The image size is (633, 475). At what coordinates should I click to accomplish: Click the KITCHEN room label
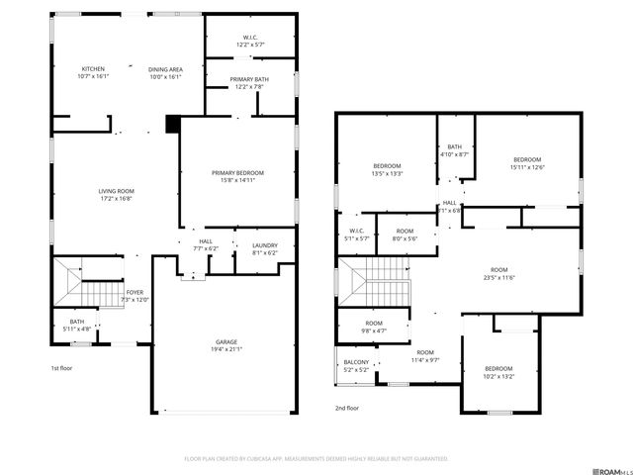(93, 69)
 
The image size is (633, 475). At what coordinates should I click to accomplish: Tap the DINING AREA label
(165, 69)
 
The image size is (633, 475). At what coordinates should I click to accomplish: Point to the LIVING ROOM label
(116, 191)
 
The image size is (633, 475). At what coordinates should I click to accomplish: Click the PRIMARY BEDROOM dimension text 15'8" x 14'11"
(238, 180)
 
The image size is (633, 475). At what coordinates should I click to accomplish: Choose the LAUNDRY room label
(265, 245)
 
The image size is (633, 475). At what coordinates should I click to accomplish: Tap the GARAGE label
(226, 342)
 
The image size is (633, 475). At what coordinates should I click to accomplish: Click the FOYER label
(135, 293)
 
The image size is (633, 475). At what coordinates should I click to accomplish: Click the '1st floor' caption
(62, 368)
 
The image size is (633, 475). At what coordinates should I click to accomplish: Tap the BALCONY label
(356, 362)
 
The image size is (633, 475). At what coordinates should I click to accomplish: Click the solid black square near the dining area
(172, 124)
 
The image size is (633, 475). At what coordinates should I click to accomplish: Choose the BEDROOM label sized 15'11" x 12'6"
(526, 160)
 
